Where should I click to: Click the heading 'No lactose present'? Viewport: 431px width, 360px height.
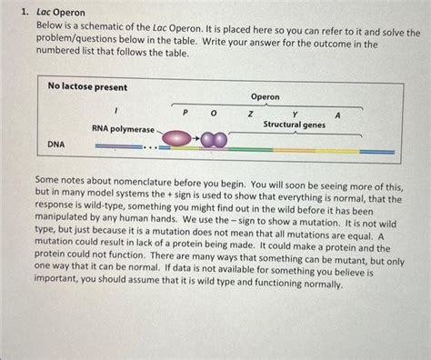click(x=87, y=86)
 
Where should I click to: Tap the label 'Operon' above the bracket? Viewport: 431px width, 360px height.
click(x=265, y=96)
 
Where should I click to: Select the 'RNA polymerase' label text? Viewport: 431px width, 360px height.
click(x=123, y=129)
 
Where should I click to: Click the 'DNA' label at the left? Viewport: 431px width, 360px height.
click(x=56, y=145)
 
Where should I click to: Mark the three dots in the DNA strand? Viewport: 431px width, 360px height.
click(x=152, y=145)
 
